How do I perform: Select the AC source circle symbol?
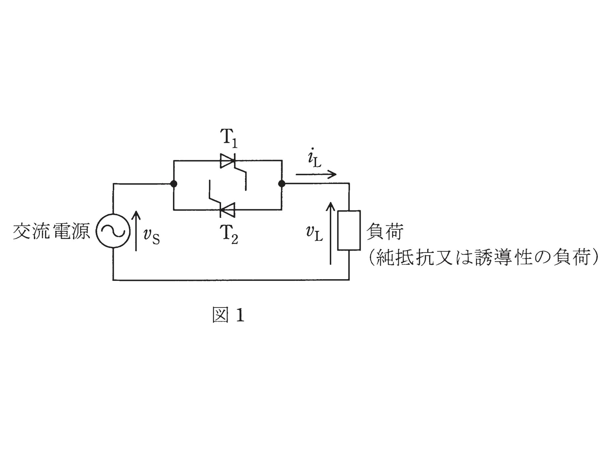(113, 231)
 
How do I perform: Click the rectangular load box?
(349, 230)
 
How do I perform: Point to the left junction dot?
(174, 184)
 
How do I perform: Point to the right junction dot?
(281, 184)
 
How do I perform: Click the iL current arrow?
(316, 174)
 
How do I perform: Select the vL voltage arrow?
(331, 233)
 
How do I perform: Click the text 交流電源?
(52, 232)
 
